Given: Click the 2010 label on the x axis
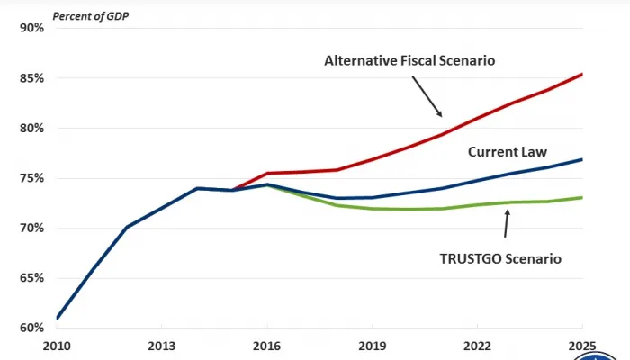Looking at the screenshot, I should [56, 346].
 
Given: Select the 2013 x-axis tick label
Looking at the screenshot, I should [161, 346].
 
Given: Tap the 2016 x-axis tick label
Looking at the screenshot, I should [266, 346].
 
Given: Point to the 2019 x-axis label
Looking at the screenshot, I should [372, 346].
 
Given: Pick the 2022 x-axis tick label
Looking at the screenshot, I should [477, 346].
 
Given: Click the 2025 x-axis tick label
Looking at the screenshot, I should [582, 346].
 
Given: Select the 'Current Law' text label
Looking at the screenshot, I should [508, 152].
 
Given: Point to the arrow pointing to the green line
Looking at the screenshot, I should [506, 224].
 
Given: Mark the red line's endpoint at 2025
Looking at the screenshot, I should [582, 74].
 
